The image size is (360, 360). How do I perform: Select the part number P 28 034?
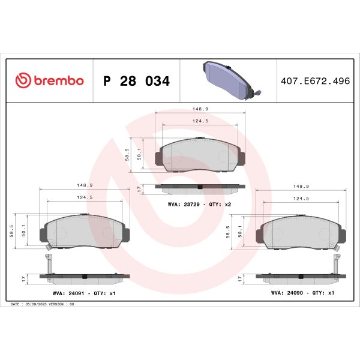137,81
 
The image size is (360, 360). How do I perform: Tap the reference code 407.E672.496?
315,81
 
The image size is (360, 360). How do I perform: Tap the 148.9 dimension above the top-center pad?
200,109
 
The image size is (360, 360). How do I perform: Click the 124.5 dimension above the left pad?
84,197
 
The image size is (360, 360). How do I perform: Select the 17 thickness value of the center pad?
139,188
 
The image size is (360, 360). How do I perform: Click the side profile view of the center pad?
200,188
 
